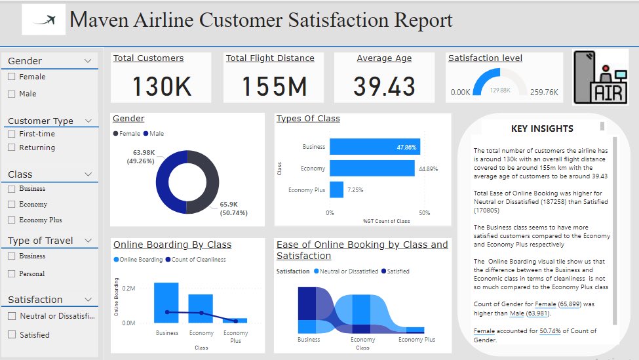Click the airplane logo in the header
[x=44, y=20]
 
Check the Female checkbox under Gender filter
[x=11, y=77]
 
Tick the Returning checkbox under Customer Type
[x=11, y=148]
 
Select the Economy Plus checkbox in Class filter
[x=11, y=220]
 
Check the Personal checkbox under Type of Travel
[x=11, y=273]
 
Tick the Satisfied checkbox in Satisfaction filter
[x=11, y=334]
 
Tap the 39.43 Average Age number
[x=384, y=86]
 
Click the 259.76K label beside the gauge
[x=544, y=92]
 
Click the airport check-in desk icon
[x=601, y=77]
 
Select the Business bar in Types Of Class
[x=374, y=147]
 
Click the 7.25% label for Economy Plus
[x=355, y=190]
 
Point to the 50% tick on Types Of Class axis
[x=424, y=212]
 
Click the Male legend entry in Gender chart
[x=154, y=134]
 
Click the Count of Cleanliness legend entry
[x=198, y=260]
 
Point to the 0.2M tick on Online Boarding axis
[x=128, y=289]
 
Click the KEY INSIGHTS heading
[x=542, y=129]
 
